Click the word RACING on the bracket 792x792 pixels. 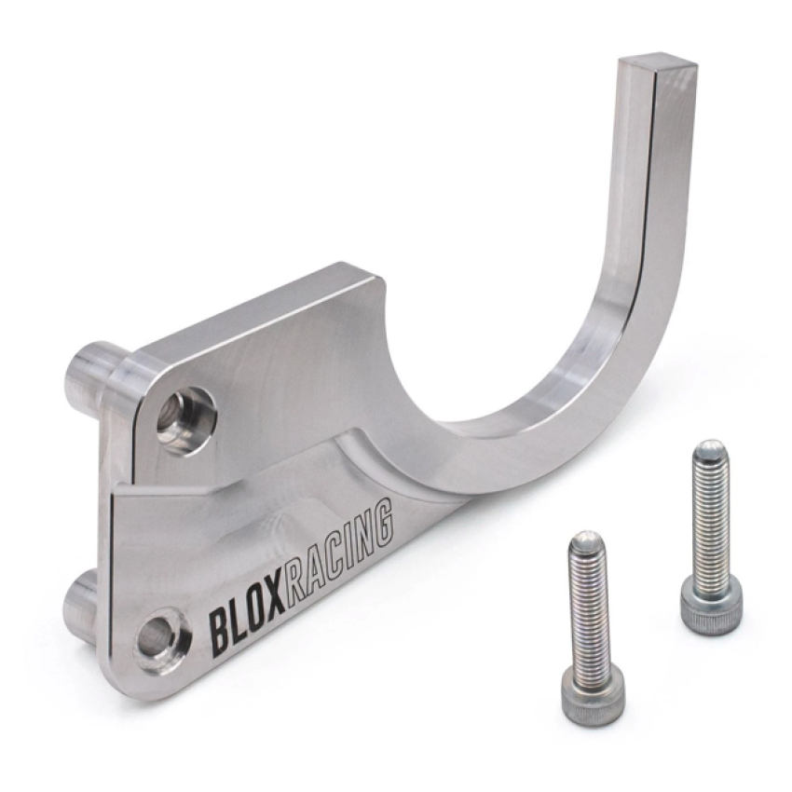[x=341, y=553]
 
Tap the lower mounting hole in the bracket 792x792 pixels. [x=160, y=640]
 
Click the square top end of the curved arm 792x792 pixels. [x=658, y=64]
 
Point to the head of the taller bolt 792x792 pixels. [x=711, y=606]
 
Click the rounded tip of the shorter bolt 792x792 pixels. [x=588, y=540]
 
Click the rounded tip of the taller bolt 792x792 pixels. [x=710, y=449]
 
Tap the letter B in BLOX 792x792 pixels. [x=219, y=632]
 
